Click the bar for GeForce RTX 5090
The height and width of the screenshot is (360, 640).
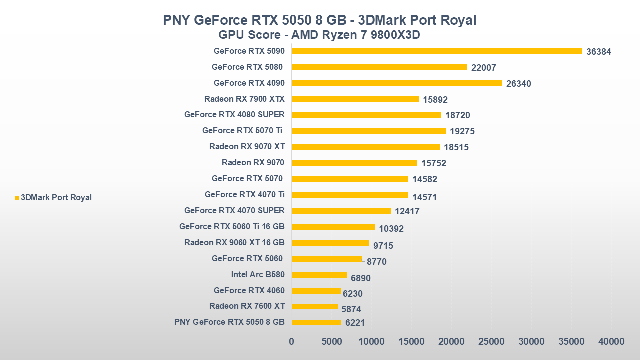coord(437,51)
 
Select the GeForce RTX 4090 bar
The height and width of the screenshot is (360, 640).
coord(397,83)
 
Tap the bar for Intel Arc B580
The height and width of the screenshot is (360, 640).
coord(319,275)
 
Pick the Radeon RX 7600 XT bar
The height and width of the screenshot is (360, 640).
coord(315,307)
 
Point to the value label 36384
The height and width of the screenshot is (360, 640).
coord(599,52)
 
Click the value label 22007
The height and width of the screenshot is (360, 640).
coord(484,68)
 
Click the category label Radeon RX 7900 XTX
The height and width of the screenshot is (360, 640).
coord(244,99)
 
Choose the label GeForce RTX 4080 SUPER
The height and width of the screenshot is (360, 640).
coord(234,115)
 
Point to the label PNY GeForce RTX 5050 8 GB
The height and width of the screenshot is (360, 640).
coord(229,322)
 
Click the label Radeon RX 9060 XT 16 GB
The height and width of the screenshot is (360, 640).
coord(234,243)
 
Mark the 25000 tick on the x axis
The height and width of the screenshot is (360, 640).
coord(491,341)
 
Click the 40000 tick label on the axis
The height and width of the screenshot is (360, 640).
coord(611,341)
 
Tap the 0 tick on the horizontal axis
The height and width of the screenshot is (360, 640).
coord(292,341)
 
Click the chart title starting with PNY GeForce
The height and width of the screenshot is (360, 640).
coord(320,20)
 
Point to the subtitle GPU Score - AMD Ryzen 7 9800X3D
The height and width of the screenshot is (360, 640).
coord(320,36)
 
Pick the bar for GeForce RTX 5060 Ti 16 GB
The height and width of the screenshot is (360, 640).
coord(333,227)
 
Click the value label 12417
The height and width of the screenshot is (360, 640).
coord(407,211)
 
